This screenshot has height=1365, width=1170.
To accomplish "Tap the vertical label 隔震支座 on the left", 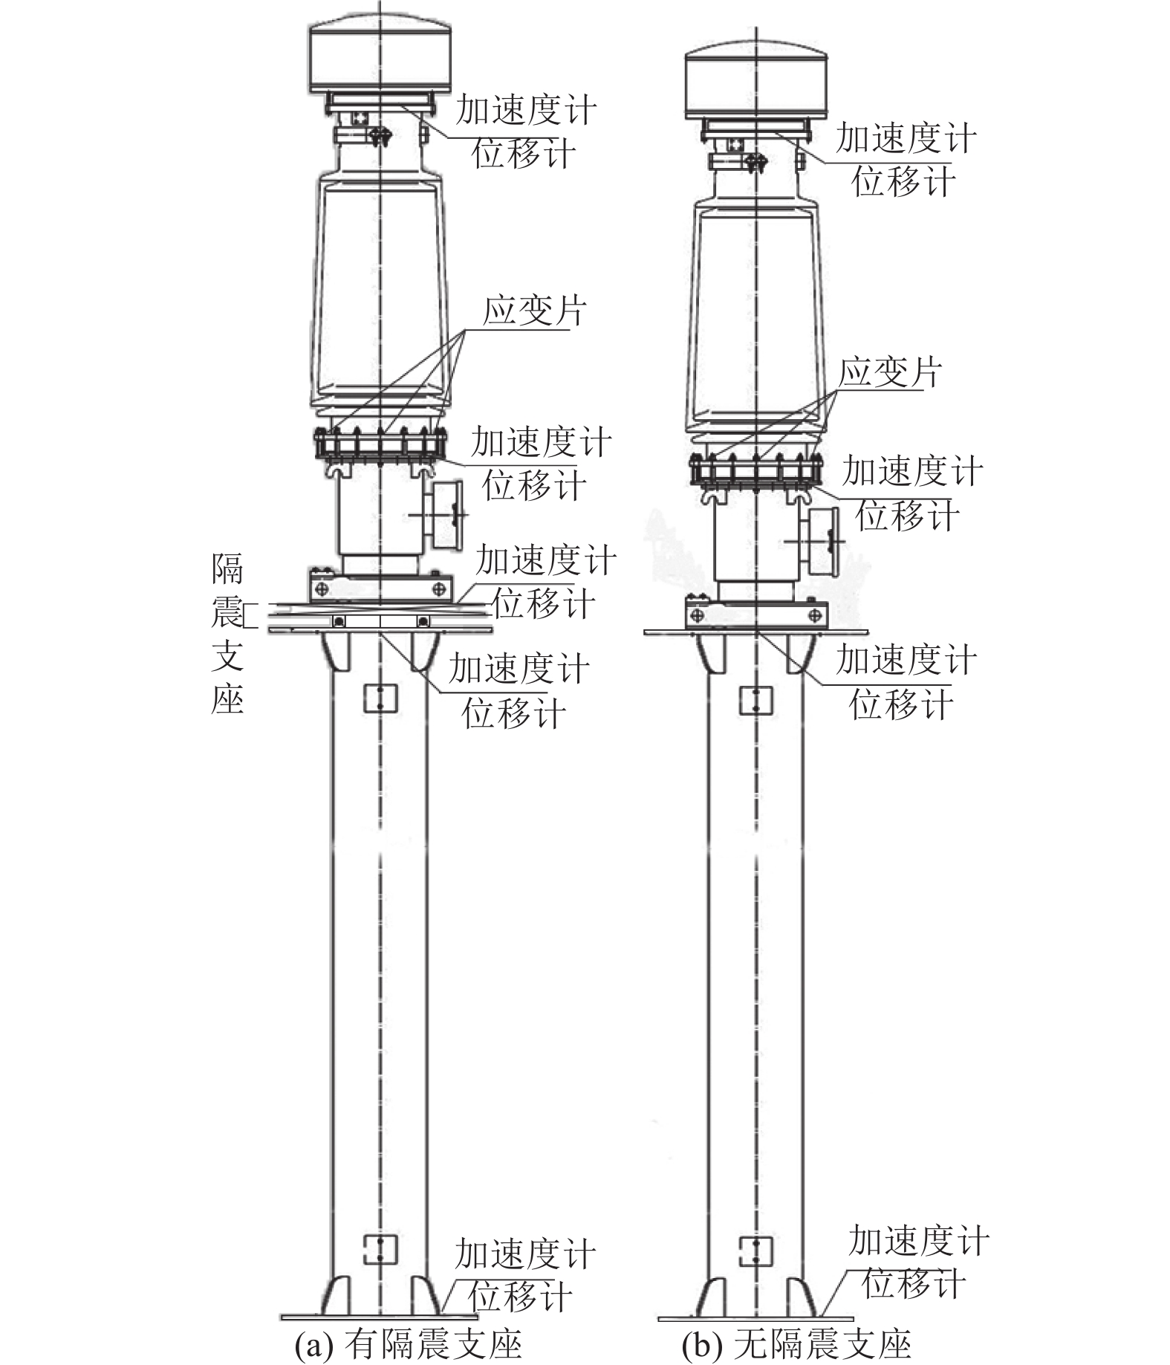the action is (x=227, y=634).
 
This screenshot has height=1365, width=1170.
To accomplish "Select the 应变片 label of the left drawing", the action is (x=534, y=311).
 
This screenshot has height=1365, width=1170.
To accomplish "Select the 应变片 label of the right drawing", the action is (x=890, y=372).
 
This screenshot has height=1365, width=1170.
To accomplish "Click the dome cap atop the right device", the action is (x=756, y=80).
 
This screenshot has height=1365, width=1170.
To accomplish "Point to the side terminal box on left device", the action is (x=444, y=514).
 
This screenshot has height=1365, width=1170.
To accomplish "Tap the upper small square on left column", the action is (x=380, y=698).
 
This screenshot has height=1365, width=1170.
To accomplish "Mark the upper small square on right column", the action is (x=756, y=700).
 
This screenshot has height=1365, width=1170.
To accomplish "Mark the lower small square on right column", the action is (x=756, y=1251).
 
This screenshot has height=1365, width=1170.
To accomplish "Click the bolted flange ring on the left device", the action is (x=381, y=445).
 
